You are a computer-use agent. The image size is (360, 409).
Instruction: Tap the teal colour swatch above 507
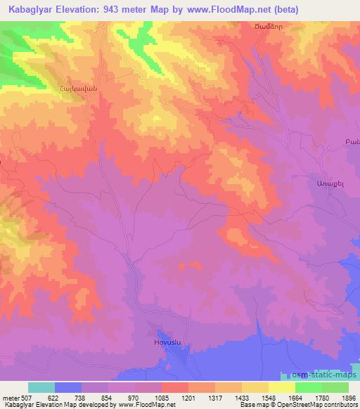click(41, 387)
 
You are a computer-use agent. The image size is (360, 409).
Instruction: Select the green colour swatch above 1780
click(309, 387)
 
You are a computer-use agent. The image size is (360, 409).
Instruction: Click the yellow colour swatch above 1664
click(282, 387)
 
